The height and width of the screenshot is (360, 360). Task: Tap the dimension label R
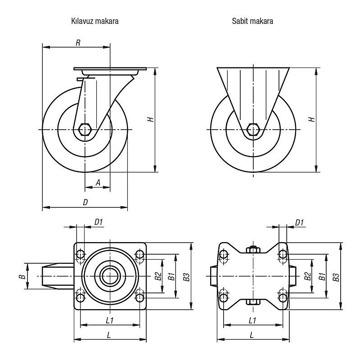[78, 43]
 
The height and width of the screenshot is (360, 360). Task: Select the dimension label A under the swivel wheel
[98, 183]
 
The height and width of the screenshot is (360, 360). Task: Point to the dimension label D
[85, 203]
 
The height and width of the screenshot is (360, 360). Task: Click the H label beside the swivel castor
[151, 120]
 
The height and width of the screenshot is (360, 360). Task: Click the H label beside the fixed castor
[311, 120]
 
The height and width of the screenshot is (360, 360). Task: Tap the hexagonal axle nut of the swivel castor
[85, 130]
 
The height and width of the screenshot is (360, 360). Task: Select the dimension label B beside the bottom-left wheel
[21, 276]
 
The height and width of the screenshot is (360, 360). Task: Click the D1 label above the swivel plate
[99, 222]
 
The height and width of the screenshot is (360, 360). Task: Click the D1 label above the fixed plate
[300, 222]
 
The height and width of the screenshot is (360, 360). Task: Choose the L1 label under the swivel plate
[109, 320]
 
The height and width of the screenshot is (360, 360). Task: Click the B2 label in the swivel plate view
[157, 276]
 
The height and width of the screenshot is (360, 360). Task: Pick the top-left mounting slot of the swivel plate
[81, 256]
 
